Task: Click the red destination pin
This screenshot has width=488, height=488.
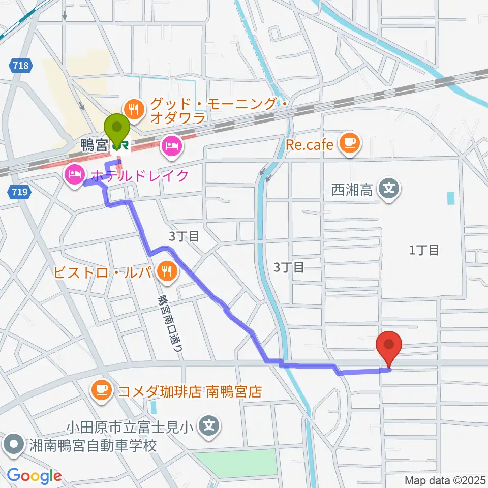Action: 389,346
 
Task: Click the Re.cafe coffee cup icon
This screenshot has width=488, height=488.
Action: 350,144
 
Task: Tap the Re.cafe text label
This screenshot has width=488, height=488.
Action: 309,145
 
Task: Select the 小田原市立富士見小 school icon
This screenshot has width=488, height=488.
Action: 209,424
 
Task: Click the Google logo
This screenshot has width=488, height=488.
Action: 34,476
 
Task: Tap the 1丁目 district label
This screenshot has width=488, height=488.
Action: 423,250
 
